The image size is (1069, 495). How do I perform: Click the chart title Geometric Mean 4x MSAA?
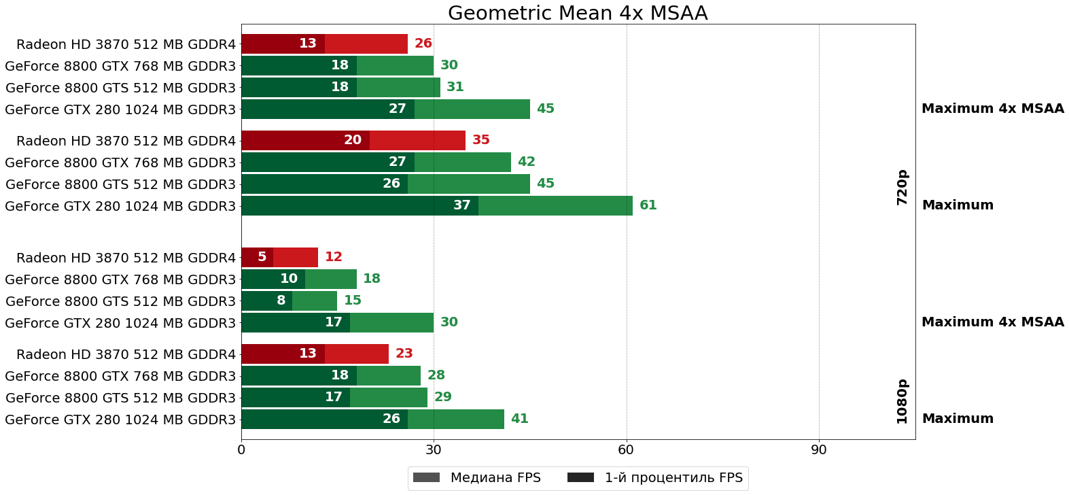[578, 13]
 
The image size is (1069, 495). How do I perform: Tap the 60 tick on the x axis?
[626, 450]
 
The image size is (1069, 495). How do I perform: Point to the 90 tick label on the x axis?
[818, 450]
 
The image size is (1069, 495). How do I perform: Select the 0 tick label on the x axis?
[241, 450]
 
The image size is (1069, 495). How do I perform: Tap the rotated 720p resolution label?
[902, 187]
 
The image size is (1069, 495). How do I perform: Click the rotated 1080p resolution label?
[902, 401]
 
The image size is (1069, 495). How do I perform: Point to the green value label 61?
[648, 205]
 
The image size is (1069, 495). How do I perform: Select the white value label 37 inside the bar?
[461, 205]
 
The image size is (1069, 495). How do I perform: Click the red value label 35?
[480, 140]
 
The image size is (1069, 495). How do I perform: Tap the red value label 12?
[333, 257]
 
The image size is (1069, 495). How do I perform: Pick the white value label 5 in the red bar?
[262, 257]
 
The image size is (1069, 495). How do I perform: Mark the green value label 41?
[519, 419]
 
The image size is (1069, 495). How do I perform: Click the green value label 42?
[526, 162]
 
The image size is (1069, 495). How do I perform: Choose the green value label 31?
[455, 87]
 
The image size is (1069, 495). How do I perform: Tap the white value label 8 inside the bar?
[281, 301]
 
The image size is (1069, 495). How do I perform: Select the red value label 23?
[404, 354]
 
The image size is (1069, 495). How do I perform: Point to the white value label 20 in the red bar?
[352, 140]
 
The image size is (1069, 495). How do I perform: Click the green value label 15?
[352, 301]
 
